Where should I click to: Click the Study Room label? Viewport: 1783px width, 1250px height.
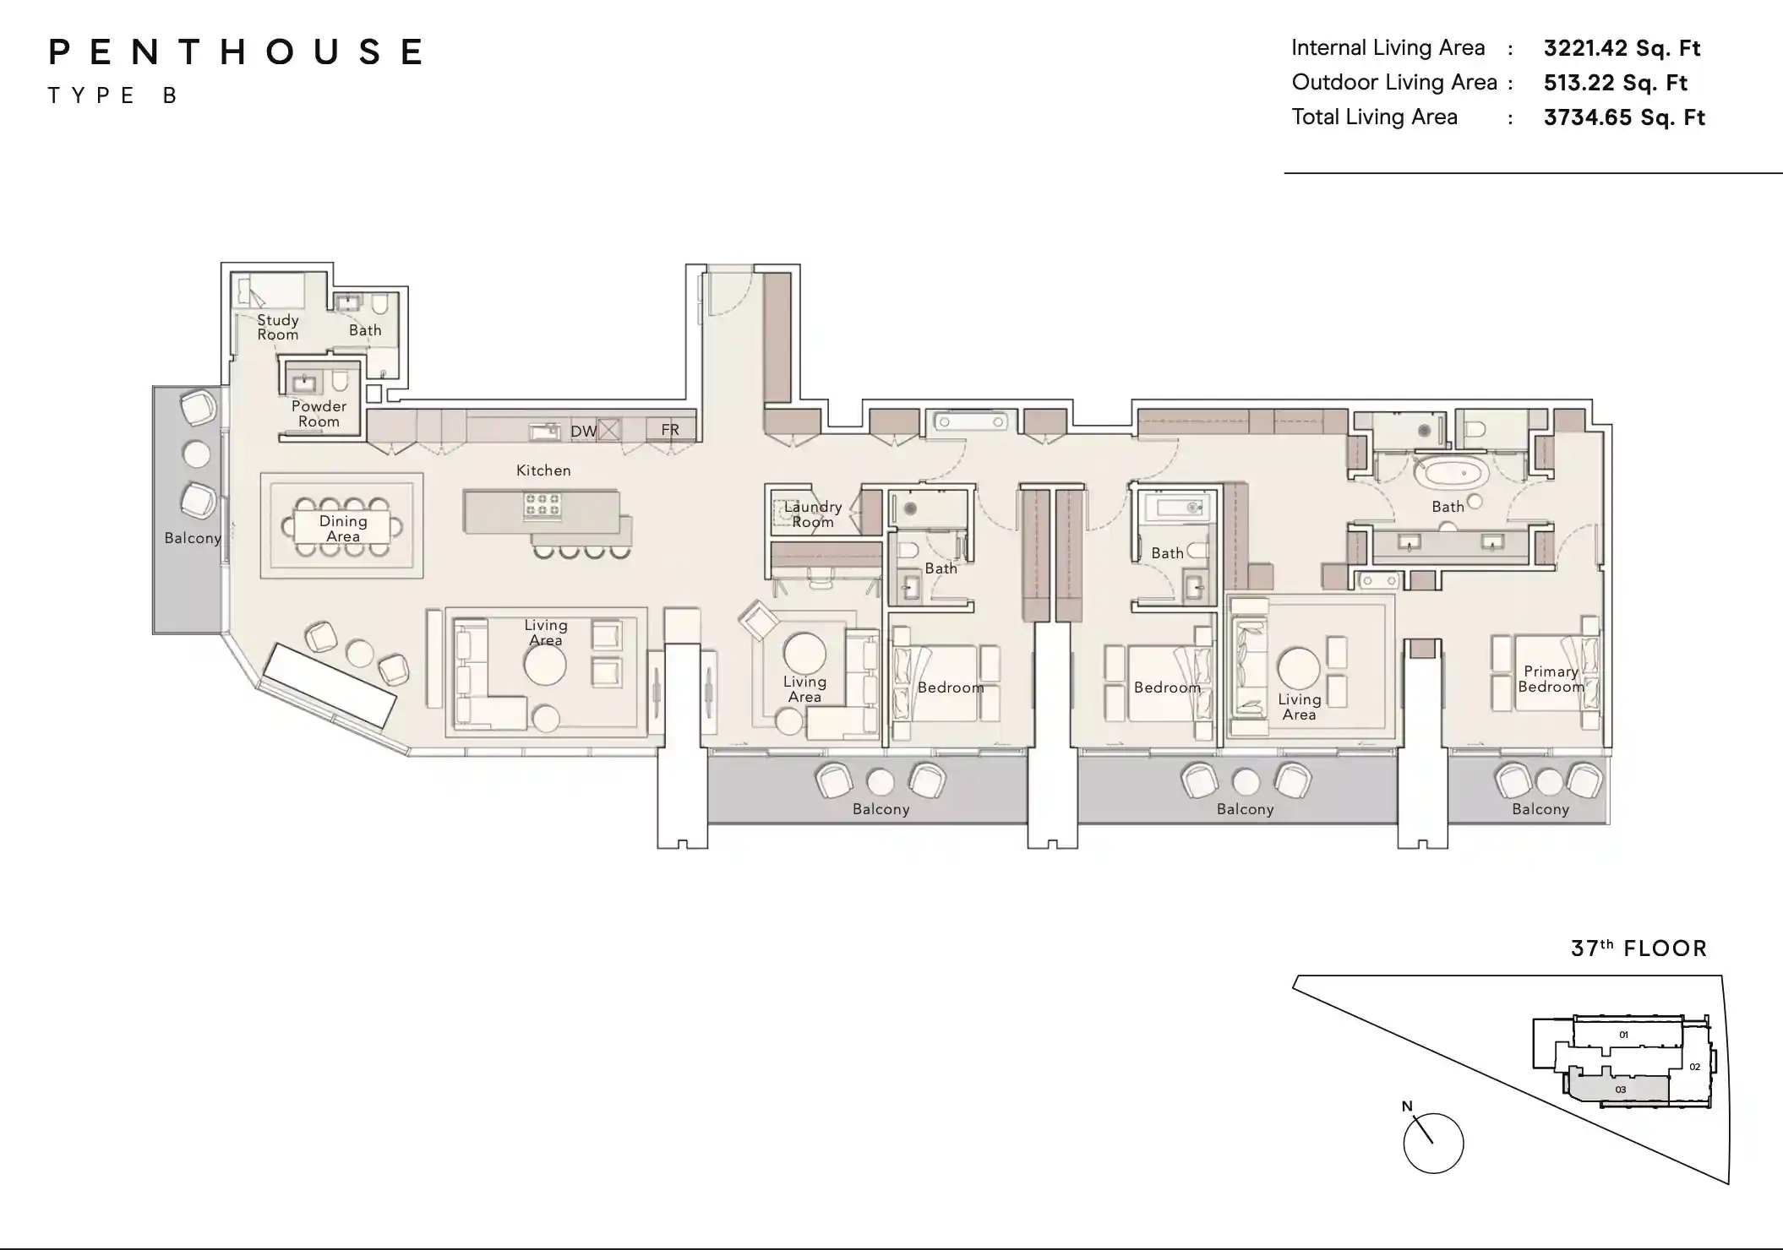coord(278,327)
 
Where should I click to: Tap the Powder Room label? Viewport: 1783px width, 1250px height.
coord(319,414)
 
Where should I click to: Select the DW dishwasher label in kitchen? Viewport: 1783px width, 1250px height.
coord(583,432)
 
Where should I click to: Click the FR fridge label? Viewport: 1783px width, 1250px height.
coord(670,430)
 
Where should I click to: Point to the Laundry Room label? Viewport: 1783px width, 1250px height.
coord(812,514)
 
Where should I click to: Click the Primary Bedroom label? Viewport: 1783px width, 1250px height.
coord(1551,679)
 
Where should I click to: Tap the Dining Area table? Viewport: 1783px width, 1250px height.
coord(342,528)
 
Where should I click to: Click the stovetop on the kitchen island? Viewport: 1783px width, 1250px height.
coord(542,504)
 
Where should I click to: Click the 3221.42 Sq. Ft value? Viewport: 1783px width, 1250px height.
coord(1622,48)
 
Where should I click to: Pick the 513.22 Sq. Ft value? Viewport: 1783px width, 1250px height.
coord(1615,83)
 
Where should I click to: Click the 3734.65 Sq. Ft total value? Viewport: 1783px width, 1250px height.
coord(1623,117)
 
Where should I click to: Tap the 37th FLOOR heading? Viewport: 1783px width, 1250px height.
coord(1639,948)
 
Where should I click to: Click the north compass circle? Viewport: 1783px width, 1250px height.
coord(1433,1143)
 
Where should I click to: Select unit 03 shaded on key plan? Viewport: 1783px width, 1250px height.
coord(1620,1090)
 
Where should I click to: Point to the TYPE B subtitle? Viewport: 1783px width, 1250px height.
coord(112,95)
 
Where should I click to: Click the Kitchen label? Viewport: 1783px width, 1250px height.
coord(543,470)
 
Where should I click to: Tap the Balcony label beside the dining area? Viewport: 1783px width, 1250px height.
coord(192,538)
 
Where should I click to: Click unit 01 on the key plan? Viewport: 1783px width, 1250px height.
coord(1623,1035)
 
